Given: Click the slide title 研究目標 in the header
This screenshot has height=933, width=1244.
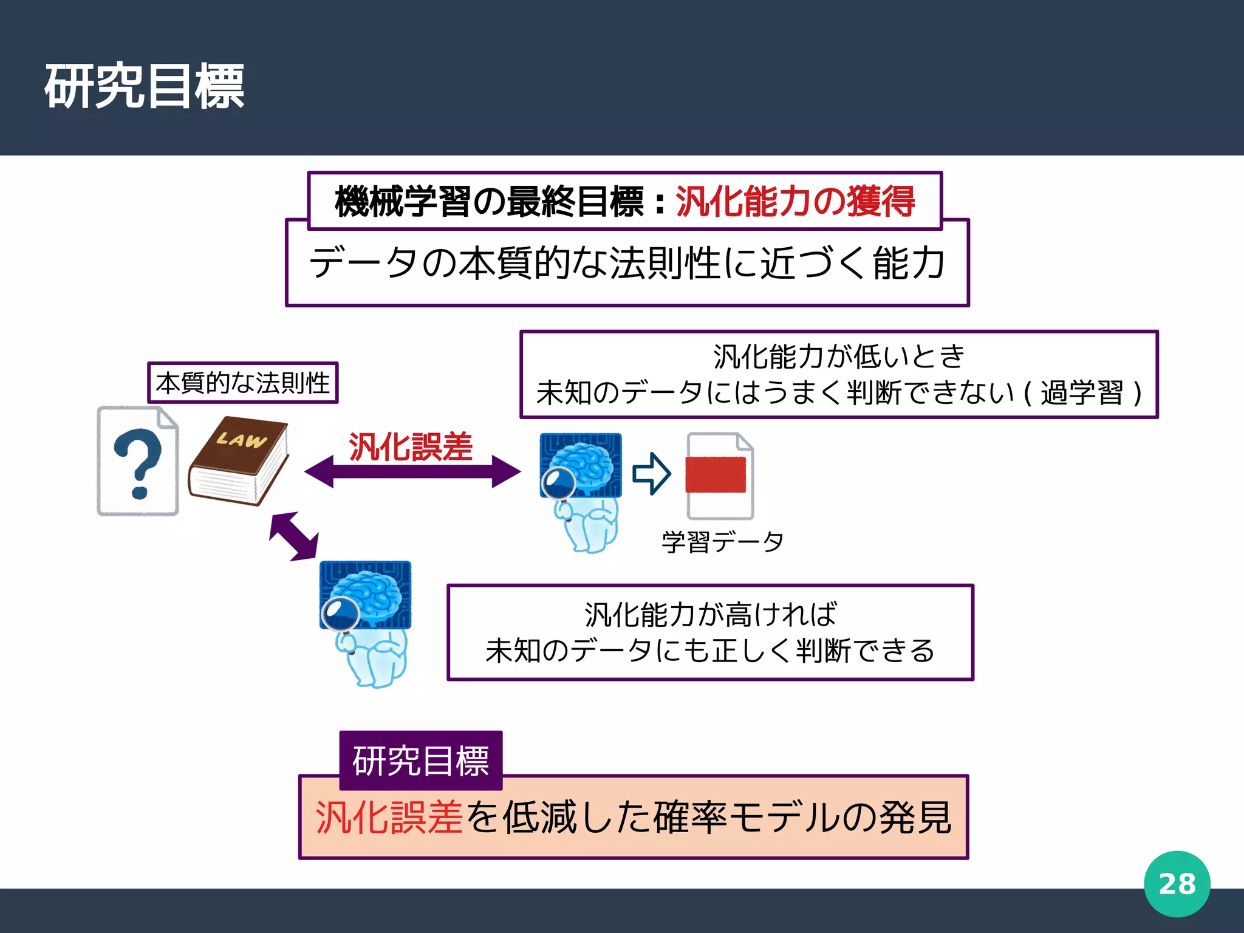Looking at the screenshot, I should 144,86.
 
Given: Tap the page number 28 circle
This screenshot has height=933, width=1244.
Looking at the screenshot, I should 1177,884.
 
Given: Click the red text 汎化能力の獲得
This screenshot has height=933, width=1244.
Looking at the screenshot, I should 795,201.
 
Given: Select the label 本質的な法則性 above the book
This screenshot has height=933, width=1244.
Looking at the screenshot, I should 242,383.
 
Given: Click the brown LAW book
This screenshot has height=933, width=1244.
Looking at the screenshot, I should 239,460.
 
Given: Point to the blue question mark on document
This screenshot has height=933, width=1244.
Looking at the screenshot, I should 138,462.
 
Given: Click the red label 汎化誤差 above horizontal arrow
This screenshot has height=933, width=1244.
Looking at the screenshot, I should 411,447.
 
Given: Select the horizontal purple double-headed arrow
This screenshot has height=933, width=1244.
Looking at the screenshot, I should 412,471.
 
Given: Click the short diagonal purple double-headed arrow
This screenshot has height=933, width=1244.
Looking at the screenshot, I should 294,536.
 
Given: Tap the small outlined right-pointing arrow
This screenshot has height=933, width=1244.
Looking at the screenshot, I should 651,473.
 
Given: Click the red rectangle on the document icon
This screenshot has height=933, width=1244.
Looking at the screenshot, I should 715,474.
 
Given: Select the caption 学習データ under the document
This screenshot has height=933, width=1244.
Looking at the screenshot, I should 722,541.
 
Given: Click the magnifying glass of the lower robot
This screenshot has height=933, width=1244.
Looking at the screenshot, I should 340,614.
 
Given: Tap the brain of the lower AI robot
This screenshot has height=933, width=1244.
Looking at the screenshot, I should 369,593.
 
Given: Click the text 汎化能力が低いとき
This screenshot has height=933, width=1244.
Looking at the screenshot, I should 839,357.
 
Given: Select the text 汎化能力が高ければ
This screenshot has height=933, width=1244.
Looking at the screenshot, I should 710,614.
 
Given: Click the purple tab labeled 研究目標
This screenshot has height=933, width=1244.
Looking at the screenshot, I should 420,760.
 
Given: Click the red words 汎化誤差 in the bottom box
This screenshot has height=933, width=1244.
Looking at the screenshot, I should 389,818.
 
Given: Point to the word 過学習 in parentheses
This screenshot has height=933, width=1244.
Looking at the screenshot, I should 1082,392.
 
